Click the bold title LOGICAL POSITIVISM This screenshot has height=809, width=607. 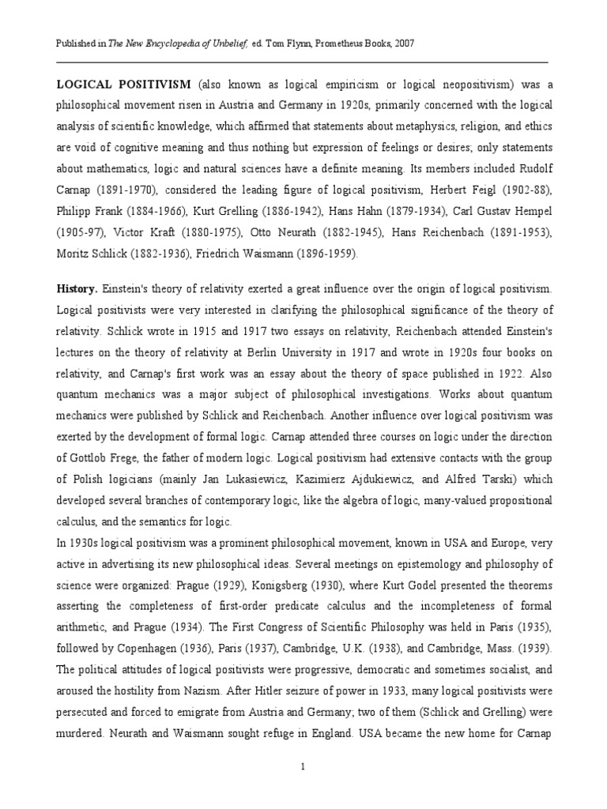pos(123,85)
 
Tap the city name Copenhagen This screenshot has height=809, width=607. pos(126,649)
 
